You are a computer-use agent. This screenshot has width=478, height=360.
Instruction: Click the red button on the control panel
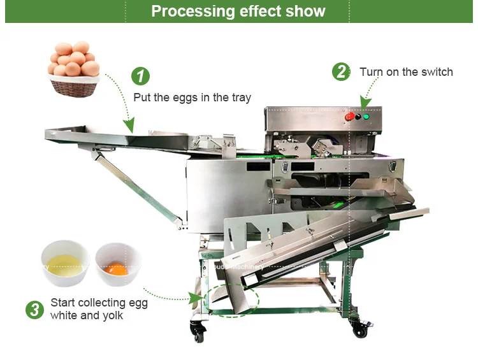349,117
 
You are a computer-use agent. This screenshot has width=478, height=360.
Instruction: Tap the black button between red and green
358,117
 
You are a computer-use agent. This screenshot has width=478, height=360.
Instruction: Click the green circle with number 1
140,76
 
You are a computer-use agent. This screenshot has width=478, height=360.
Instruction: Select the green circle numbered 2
341,71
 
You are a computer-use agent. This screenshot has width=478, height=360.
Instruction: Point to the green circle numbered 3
34,310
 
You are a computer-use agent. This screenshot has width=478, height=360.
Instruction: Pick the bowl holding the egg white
65,263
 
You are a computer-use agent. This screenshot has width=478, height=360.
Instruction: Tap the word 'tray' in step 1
240,97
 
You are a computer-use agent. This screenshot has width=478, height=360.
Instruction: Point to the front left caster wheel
198,331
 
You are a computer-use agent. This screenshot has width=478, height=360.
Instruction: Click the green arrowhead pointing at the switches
365,102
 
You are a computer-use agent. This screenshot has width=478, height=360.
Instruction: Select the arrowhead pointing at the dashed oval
194,297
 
